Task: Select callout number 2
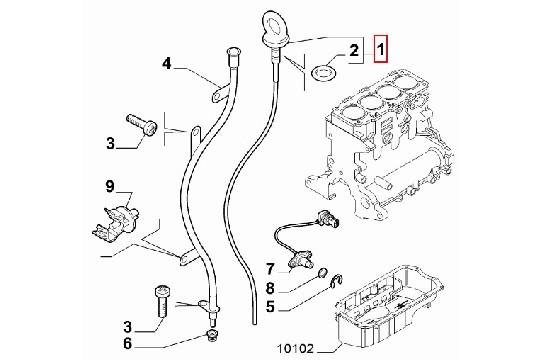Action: (352, 48)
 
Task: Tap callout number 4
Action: (167, 66)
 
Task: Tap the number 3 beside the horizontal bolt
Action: (113, 144)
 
